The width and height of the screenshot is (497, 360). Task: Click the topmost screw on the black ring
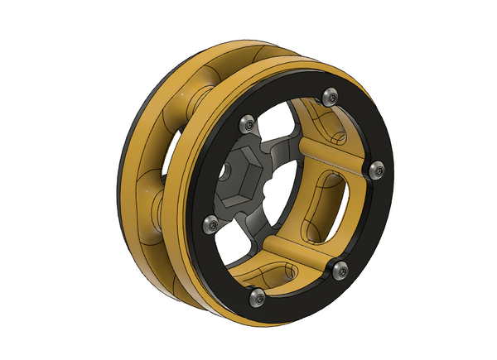331,97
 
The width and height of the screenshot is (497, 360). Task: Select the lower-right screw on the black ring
338,266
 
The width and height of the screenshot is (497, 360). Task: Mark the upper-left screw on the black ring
246,124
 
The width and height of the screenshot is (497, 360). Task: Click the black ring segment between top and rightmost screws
362,124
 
